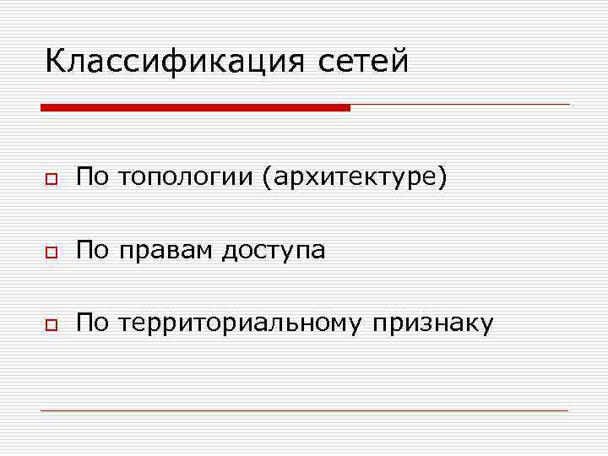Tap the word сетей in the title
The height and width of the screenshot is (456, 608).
pyautogui.click(x=364, y=61)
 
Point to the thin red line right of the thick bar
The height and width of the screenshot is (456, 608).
pyautogui.click(x=460, y=105)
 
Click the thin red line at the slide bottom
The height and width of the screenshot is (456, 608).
pyautogui.click(x=304, y=411)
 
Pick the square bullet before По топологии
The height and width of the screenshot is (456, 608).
pyautogui.click(x=52, y=180)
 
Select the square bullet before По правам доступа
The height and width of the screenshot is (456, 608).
pyautogui.click(x=52, y=252)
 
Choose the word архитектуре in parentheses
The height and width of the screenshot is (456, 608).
pyautogui.click(x=354, y=178)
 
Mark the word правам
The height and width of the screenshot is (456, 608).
pyautogui.click(x=165, y=251)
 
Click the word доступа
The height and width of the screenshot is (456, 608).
pyautogui.click(x=274, y=252)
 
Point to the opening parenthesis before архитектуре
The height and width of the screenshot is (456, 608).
pyautogui.click(x=268, y=177)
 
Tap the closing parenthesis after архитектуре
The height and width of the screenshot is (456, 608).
pyautogui.click(x=442, y=177)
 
